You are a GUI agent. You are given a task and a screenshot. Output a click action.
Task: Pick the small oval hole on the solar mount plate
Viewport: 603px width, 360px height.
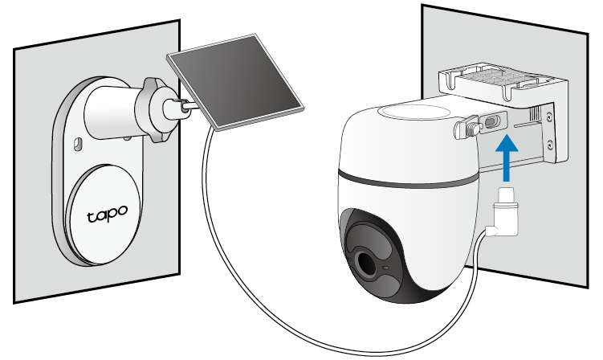click(x=79, y=143)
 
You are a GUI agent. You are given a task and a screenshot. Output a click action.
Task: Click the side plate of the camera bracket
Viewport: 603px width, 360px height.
click(x=549, y=129)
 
